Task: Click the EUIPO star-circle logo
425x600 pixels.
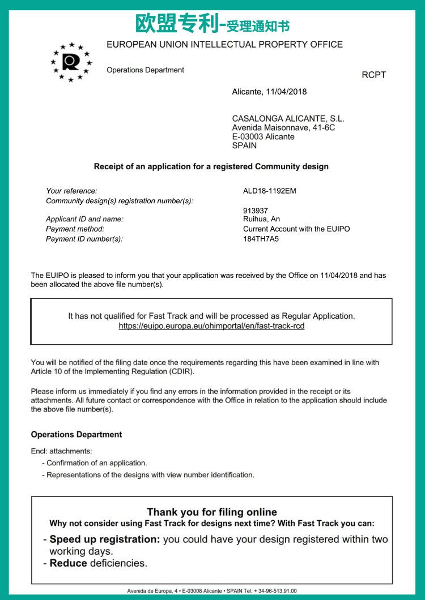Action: coord(71,62)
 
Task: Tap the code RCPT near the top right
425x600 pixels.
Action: coord(373,75)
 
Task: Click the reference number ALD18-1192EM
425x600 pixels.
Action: coord(269,191)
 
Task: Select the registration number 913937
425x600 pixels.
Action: coord(256,211)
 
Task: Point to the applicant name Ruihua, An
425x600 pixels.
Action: coord(261,219)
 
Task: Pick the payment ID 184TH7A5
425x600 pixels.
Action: coord(261,239)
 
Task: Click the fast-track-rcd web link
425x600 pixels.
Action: coord(211,326)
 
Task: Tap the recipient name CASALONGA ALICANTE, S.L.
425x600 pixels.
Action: coord(288,119)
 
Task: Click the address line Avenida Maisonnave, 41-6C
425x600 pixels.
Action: coord(283,128)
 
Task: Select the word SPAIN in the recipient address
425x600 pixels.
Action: coord(244,145)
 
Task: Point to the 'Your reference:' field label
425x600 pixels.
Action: coord(71,191)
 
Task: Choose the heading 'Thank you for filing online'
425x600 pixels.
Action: coord(212,512)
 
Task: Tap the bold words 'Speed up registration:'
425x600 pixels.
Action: coord(105,539)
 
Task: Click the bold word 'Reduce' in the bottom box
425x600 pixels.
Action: coord(69,563)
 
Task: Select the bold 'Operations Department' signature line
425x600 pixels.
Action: coord(76,435)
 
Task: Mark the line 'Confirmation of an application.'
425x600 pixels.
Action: coord(97,463)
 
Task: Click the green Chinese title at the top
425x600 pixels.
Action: coord(212,24)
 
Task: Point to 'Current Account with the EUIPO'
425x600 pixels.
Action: coord(296,229)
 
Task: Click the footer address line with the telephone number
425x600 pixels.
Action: coord(212,591)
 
